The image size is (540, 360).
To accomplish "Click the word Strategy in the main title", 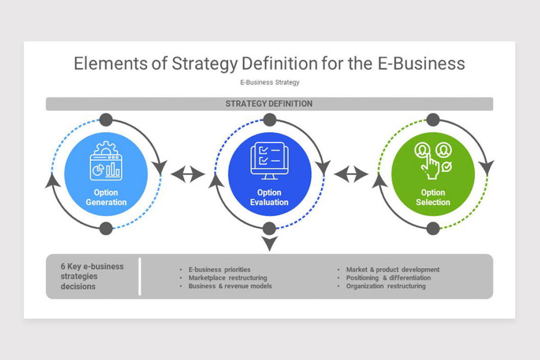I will tap(204, 63).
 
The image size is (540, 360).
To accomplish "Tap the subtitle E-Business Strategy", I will tap(270, 82).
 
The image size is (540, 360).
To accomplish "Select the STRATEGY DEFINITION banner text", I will tap(269, 104).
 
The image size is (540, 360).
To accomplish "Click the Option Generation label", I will tap(106, 198).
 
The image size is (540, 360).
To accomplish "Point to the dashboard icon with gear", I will tap(106, 161).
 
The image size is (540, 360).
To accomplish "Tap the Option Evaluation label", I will tap(269, 198).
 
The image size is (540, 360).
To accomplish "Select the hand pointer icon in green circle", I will tap(432, 161).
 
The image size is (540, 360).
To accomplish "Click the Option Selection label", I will tap(432, 198).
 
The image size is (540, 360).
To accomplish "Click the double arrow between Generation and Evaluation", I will tap(188, 174).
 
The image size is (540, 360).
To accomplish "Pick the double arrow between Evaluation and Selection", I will tap(351, 174).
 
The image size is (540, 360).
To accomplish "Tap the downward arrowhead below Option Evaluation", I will tap(269, 244).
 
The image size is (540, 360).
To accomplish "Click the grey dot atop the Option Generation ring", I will tap(106, 120).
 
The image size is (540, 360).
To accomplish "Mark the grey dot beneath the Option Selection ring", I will tap(432, 229).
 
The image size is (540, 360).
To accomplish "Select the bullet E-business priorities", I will tap(219, 270).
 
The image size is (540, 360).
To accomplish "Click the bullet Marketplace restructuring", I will tap(227, 278).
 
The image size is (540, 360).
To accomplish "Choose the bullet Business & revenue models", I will tap(230, 286).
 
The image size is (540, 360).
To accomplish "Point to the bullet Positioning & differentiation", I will tap(388, 278).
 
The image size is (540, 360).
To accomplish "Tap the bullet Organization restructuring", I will tap(386, 286).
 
